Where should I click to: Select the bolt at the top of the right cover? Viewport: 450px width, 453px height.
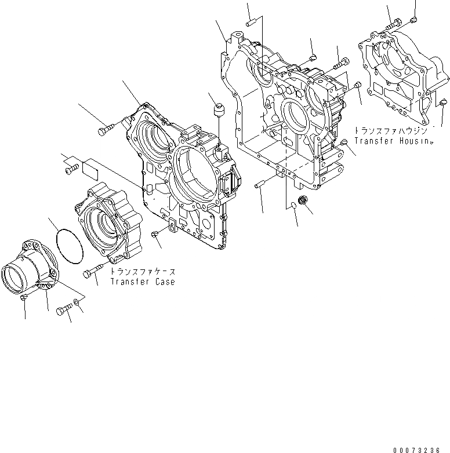(x=394, y=23)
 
